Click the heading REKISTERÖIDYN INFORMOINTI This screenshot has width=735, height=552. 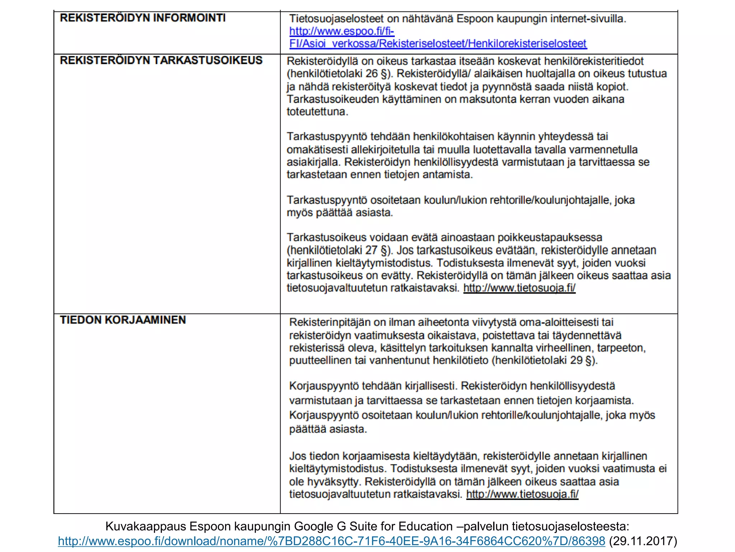142,18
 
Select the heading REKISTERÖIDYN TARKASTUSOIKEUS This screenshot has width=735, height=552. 161,60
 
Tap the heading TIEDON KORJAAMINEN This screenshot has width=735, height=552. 123,320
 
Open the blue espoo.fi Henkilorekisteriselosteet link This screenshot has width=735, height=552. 438,44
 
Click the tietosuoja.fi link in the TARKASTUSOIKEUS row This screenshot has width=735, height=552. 519,288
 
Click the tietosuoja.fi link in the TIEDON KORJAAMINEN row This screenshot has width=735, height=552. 522,494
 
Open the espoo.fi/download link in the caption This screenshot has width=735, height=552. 331,541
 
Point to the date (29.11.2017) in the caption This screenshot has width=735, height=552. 643,541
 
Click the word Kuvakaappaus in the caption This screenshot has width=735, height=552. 146,526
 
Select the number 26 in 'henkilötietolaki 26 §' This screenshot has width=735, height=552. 371,74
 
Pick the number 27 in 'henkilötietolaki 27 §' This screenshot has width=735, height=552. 371,250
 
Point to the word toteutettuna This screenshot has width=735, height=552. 317,112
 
